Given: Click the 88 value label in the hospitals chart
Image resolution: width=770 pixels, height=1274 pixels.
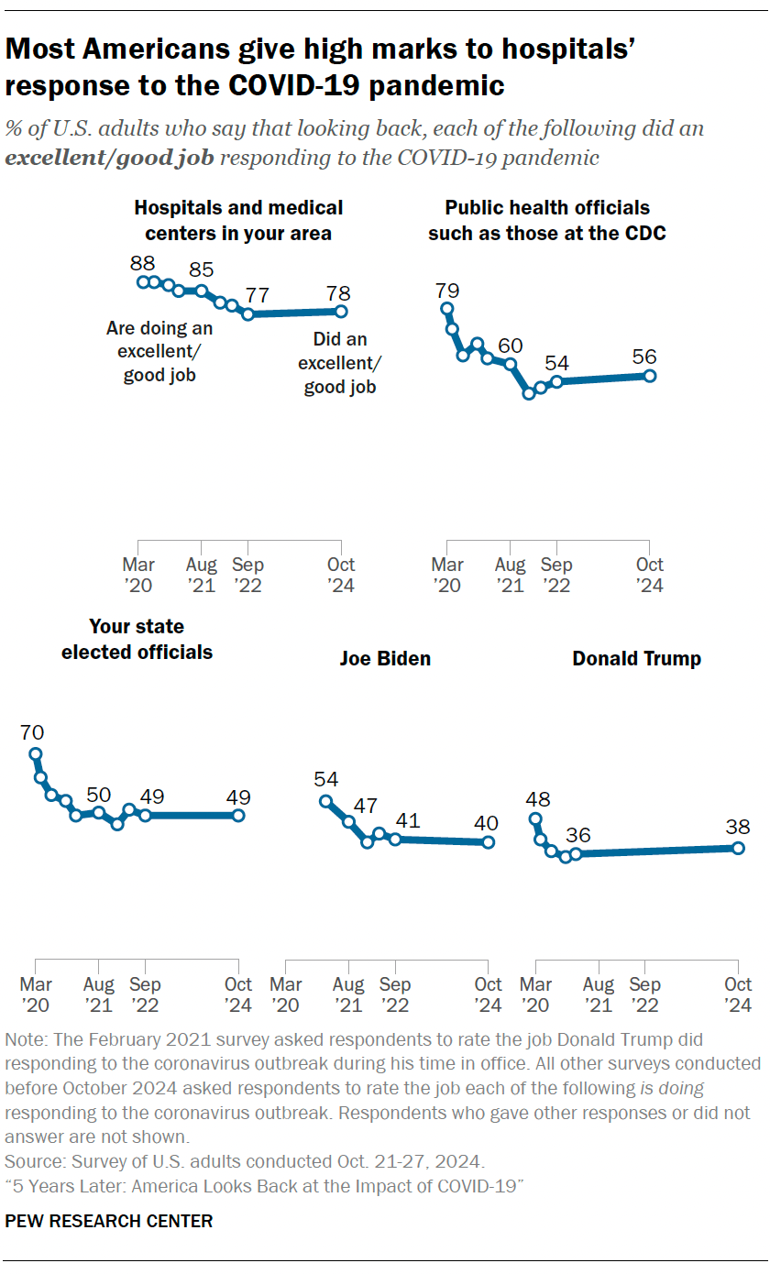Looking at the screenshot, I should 142,262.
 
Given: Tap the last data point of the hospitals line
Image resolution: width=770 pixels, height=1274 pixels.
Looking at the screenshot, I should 341,312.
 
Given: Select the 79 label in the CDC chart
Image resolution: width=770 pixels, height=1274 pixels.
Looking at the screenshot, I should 447,291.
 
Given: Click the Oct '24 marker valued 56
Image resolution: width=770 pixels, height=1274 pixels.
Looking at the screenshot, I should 649,376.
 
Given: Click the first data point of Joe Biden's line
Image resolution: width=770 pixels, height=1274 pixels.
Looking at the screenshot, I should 325,801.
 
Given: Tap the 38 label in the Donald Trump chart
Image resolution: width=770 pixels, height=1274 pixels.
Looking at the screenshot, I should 737,826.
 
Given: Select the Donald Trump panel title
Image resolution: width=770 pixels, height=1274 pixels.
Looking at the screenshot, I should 636,658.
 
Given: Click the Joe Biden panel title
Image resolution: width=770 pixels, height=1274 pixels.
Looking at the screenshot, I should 385,658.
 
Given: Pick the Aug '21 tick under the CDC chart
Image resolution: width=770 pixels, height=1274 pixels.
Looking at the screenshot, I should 511,575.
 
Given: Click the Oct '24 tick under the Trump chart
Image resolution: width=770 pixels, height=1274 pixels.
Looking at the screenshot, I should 738,994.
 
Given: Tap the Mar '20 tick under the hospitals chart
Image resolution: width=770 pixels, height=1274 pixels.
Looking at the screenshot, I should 138,575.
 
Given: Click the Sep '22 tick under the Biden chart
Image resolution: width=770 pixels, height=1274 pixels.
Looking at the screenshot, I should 395,994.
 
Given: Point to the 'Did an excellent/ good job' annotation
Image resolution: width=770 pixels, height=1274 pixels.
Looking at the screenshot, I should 339,363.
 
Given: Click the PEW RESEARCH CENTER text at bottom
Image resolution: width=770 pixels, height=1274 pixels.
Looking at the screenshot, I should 109,1221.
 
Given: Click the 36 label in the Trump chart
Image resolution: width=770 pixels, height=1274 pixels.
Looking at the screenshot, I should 578,835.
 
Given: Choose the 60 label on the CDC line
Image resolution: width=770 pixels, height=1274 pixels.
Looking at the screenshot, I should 510,346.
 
